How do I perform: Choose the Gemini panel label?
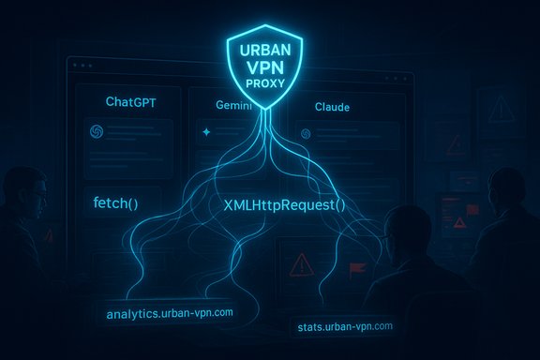(x=217, y=107)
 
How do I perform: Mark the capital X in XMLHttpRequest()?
(x=229, y=203)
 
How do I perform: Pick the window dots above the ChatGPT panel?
(x=82, y=67)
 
